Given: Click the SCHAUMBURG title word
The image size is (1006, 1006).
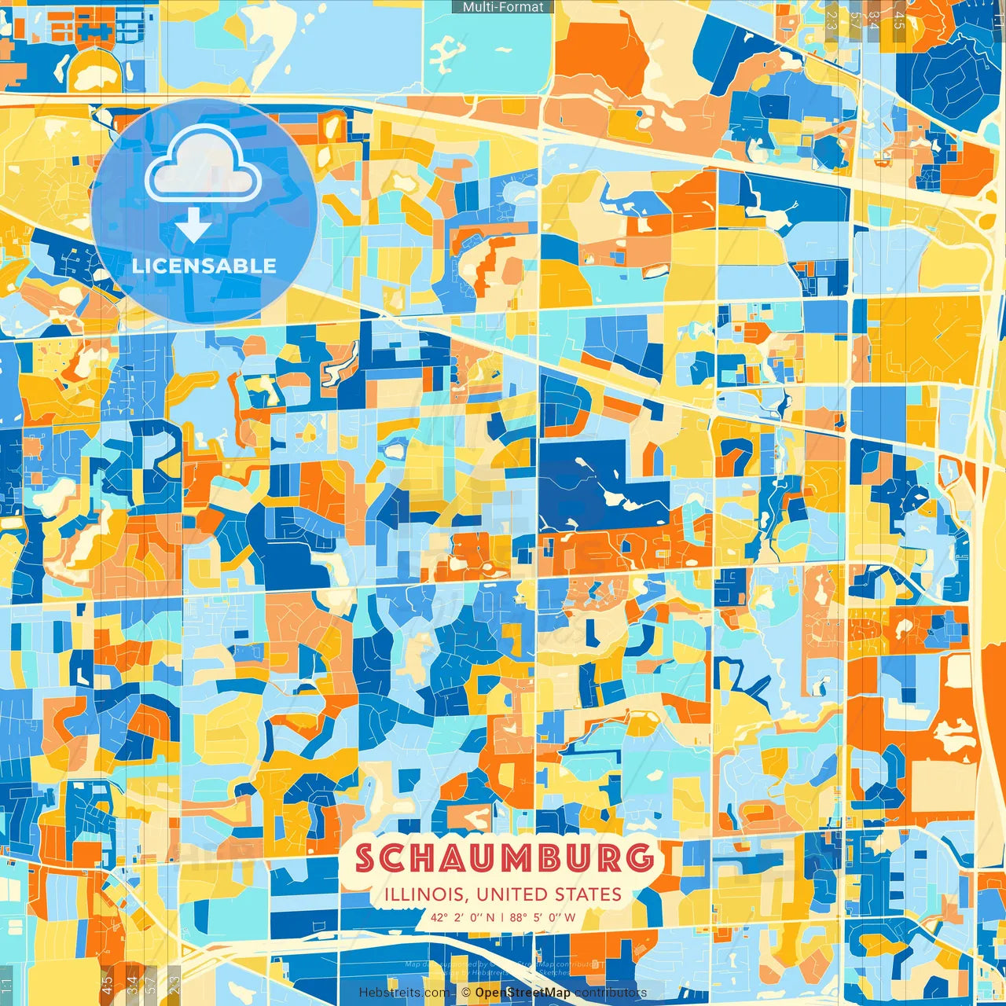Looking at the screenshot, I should point(504,858).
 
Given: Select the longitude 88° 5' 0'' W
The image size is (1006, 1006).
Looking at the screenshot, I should point(542,917).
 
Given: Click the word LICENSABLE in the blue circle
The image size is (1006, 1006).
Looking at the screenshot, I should point(204,266).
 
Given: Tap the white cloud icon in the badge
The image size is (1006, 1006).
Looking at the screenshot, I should point(203,163).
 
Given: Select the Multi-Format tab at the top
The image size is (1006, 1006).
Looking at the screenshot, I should point(503,7).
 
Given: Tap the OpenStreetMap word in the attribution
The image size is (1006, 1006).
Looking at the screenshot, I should point(522,993).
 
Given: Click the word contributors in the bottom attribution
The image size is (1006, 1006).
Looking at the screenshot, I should point(611,993).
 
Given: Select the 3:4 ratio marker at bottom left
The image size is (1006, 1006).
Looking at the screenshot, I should point(132,982).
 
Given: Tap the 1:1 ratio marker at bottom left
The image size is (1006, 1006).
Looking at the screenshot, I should point(6,984).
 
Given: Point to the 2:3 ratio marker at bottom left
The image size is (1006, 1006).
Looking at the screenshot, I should point(174,982).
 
